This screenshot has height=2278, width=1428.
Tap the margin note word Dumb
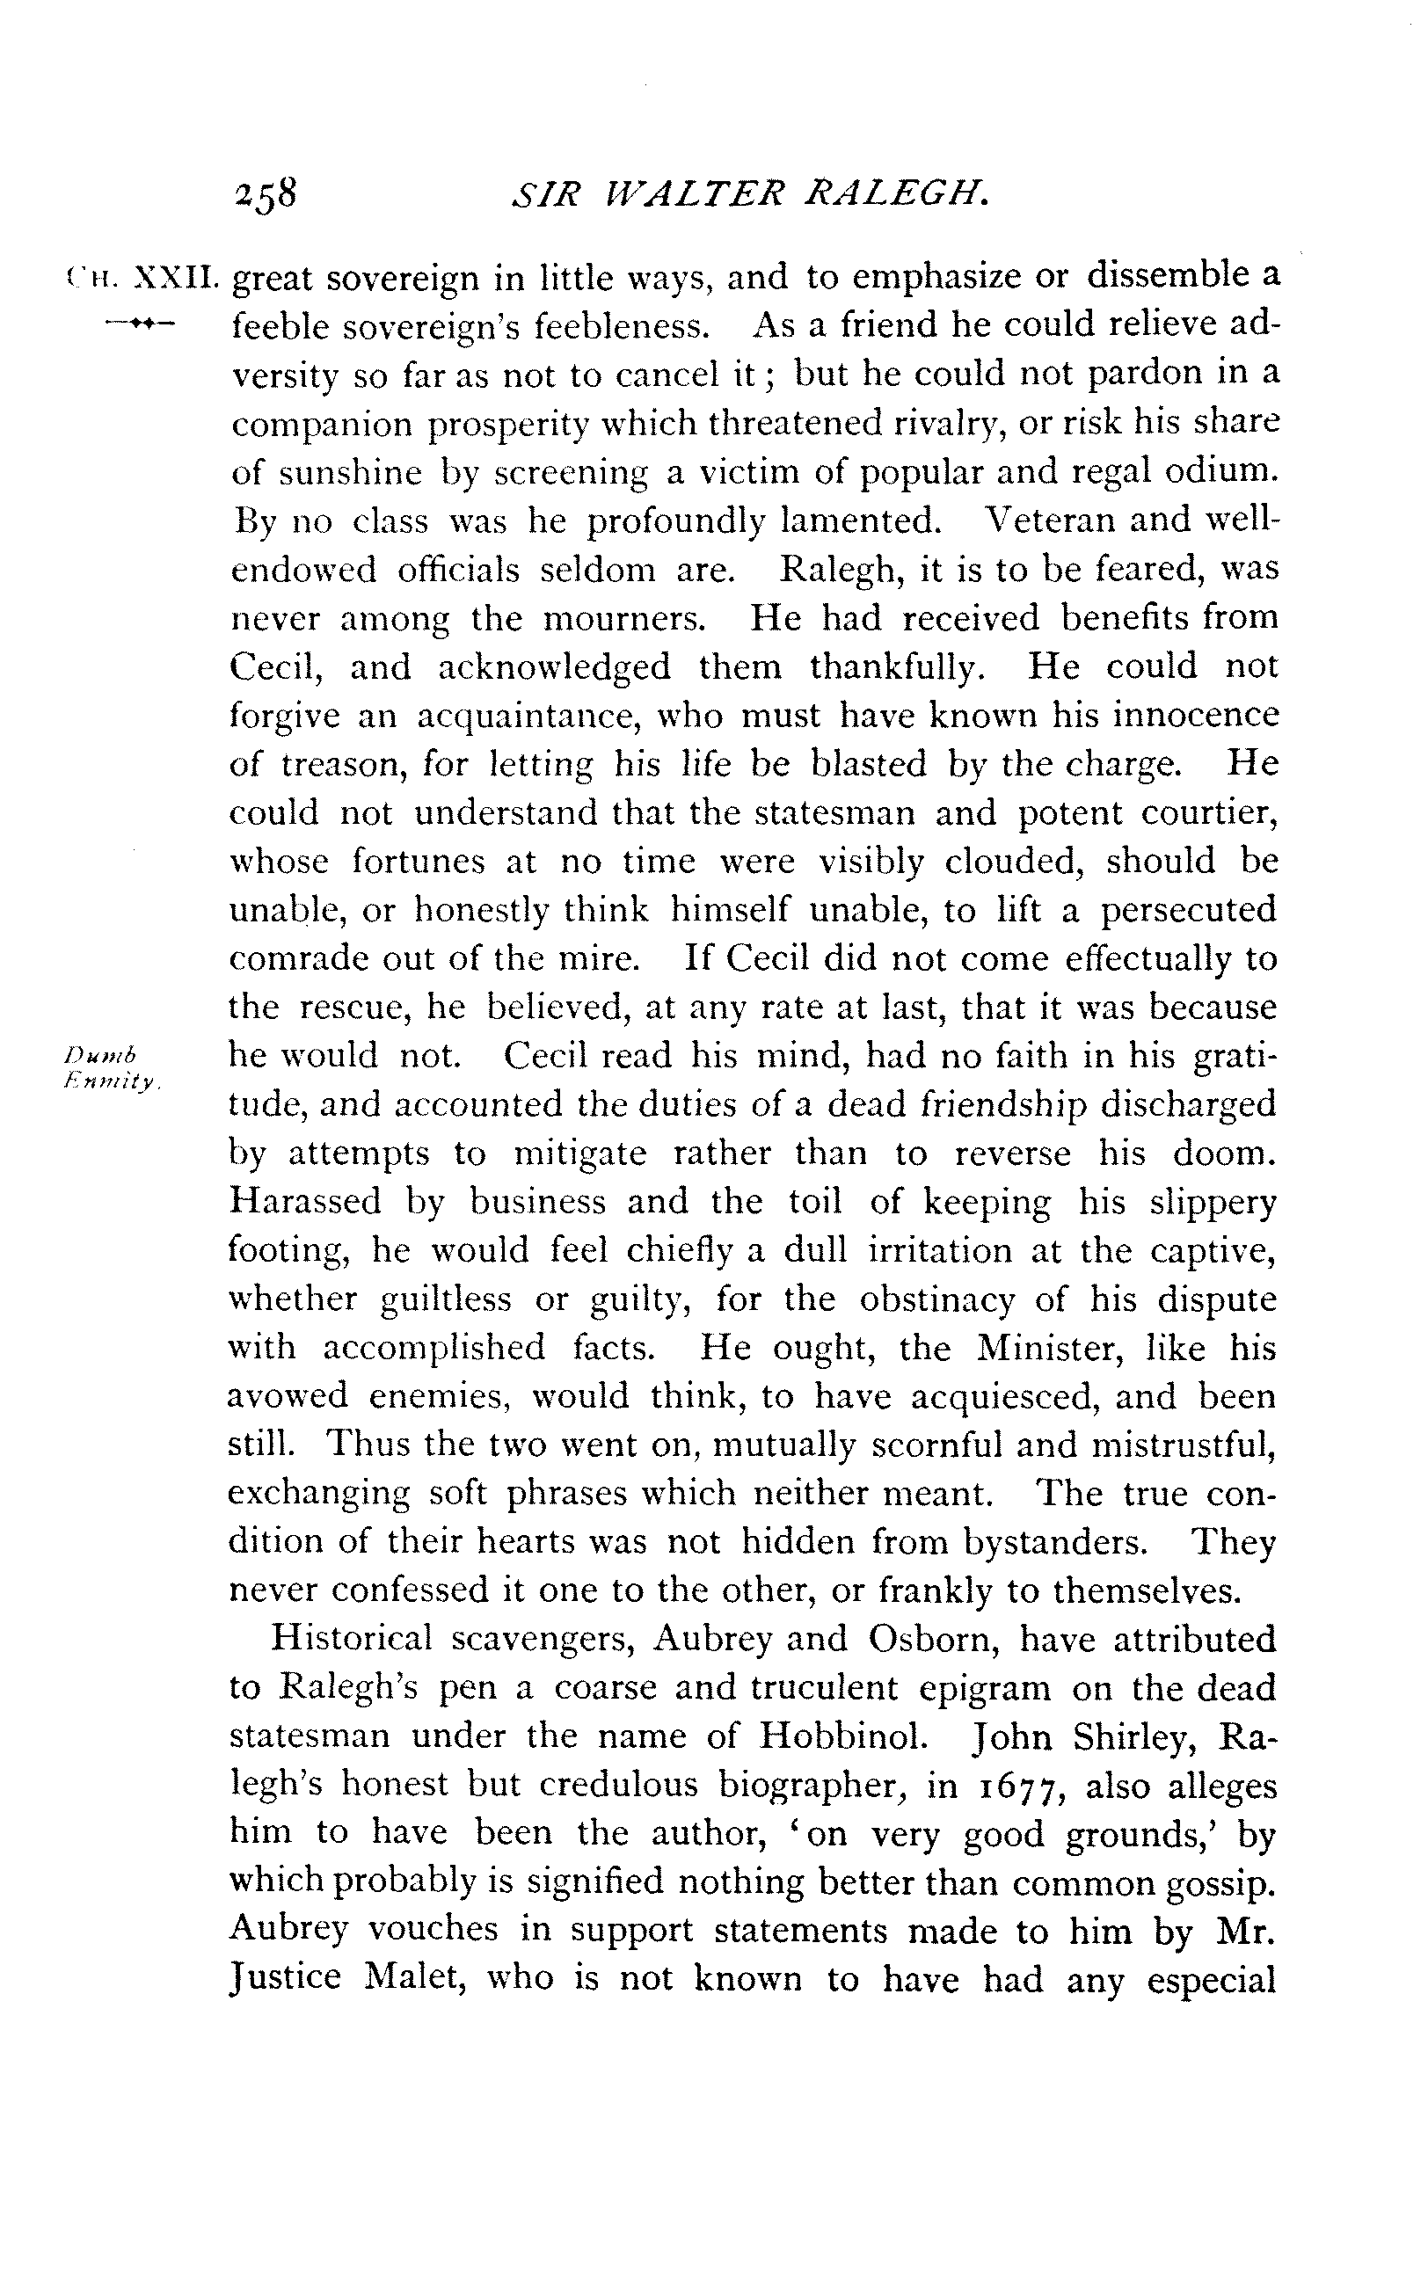click(101, 1052)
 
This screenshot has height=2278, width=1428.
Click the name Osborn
click(933, 1639)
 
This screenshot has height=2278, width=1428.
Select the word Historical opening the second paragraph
click(352, 1638)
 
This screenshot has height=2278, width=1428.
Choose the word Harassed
click(304, 1201)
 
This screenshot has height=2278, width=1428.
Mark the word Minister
click(1046, 1347)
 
